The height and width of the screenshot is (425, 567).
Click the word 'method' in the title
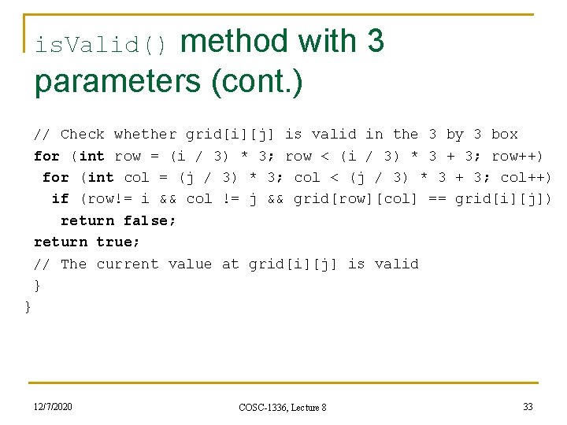click(234, 42)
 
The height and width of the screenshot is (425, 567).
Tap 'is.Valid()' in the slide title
click(102, 46)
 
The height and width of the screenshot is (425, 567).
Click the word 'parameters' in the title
click(117, 83)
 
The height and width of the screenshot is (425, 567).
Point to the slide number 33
click(528, 406)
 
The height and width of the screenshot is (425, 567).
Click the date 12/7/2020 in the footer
click(53, 406)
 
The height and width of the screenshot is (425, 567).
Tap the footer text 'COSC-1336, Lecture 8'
click(283, 407)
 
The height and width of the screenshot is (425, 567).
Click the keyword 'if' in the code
click(60, 199)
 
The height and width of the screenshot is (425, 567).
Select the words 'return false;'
click(118, 220)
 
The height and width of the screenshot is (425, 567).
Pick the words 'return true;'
click(87, 242)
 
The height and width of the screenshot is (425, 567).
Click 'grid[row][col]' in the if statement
click(355, 199)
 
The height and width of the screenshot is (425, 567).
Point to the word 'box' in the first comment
click(504, 135)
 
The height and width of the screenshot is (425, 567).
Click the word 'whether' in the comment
click(145, 135)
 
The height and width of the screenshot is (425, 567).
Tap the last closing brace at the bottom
click(28, 306)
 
